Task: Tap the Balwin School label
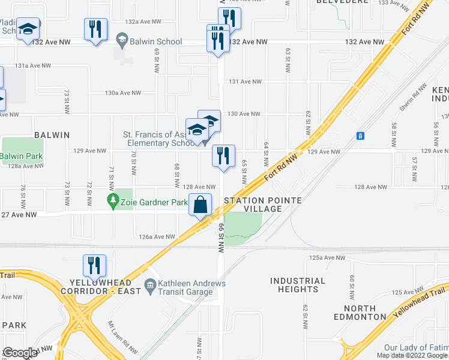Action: tap(158, 42)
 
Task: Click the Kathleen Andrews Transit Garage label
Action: tap(186, 287)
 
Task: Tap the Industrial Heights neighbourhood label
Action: tap(298, 285)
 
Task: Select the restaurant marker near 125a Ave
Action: tap(94, 265)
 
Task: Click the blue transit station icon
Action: tap(360, 136)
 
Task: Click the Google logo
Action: tap(20, 353)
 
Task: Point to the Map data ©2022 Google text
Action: tap(412, 355)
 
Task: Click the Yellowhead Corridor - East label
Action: tap(105, 287)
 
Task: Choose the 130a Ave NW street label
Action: tap(122, 93)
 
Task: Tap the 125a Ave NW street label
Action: tap(327, 257)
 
